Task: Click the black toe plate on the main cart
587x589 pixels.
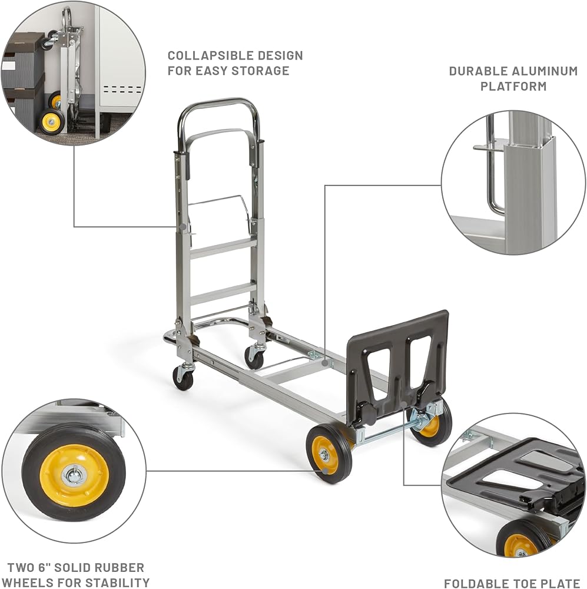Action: point(400,353)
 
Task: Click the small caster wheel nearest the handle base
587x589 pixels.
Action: point(184,377)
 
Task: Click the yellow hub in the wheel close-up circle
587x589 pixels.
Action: point(74,475)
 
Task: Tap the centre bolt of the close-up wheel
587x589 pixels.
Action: point(74,475)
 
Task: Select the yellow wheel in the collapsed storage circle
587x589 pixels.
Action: point(52,122)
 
